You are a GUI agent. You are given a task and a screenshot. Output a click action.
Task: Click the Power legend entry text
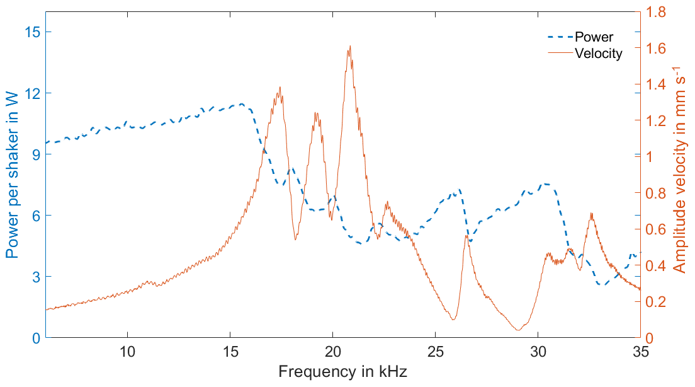pyautogui.click(x=594, y=37)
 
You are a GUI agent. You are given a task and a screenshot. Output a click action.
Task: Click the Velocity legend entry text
pyautogui.click(x=598, y=54)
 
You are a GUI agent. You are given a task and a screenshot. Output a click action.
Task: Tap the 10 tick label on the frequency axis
pyautogui.click(x=127, y=352)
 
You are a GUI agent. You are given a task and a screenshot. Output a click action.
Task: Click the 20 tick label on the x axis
pyautogui.click(x=332, y=352)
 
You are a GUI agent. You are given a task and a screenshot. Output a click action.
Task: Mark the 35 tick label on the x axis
pyautogui.click(x=640, y=352)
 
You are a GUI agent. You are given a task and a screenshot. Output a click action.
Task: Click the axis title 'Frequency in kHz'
pyautogui.click(x=342, y=372)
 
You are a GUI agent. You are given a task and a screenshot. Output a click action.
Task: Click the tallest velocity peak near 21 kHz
pyautogui.click(x=349, y=46)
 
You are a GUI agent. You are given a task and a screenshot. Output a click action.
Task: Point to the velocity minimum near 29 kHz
pyautogui.click(x=518, y=329)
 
